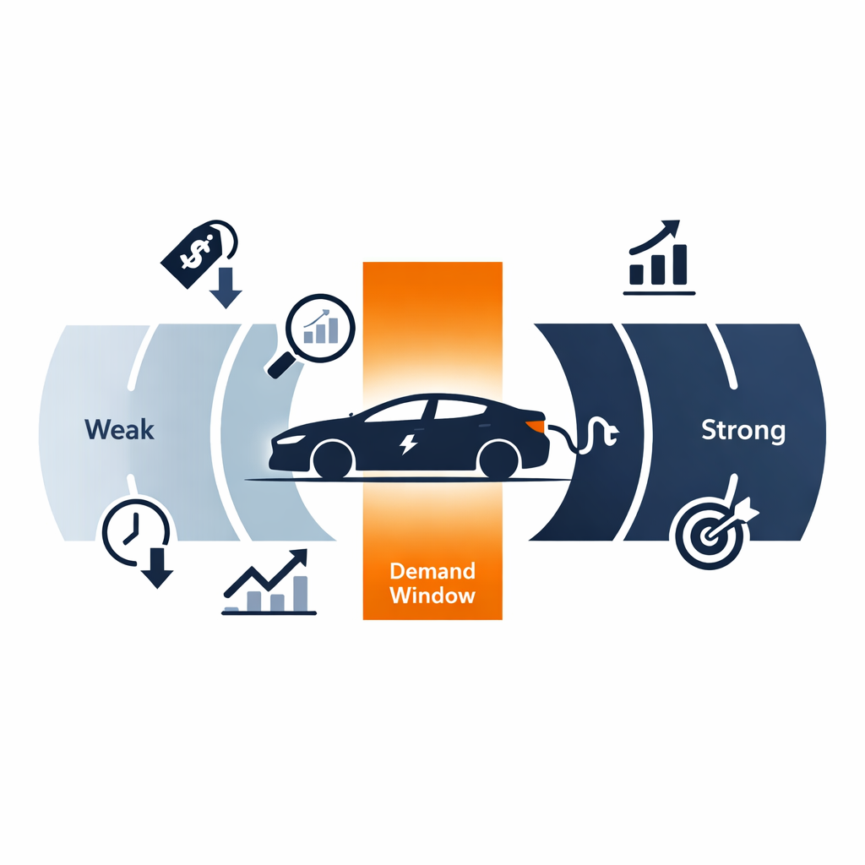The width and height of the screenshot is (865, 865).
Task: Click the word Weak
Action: [119, 430]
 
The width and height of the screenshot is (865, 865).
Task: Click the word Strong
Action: [743, 431]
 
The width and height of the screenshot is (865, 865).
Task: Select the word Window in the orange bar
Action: [432, 595]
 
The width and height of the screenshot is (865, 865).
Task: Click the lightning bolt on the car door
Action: [409, 443]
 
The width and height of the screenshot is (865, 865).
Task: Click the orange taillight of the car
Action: [534, 423]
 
